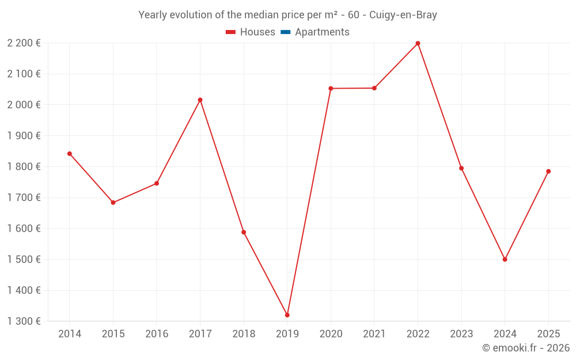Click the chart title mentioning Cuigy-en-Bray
[287, 15]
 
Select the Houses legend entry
[251, 32]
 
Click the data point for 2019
[287, 315]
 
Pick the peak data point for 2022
[418, 43]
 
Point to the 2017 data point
[200, 100]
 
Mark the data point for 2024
[505, 259]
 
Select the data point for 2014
[70, 154]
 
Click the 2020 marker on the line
[331, 88]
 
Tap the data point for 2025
[548, 171]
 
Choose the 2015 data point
[113, 203]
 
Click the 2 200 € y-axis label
[24, 43]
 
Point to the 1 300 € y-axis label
[24, 321]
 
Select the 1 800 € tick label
[24, 166]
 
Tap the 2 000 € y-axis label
[24, 105]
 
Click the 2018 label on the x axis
[244, 334]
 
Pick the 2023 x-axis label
[461, 334]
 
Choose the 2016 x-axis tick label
[157, 334]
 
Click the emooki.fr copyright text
[526, 348]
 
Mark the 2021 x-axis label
[374, 334]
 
